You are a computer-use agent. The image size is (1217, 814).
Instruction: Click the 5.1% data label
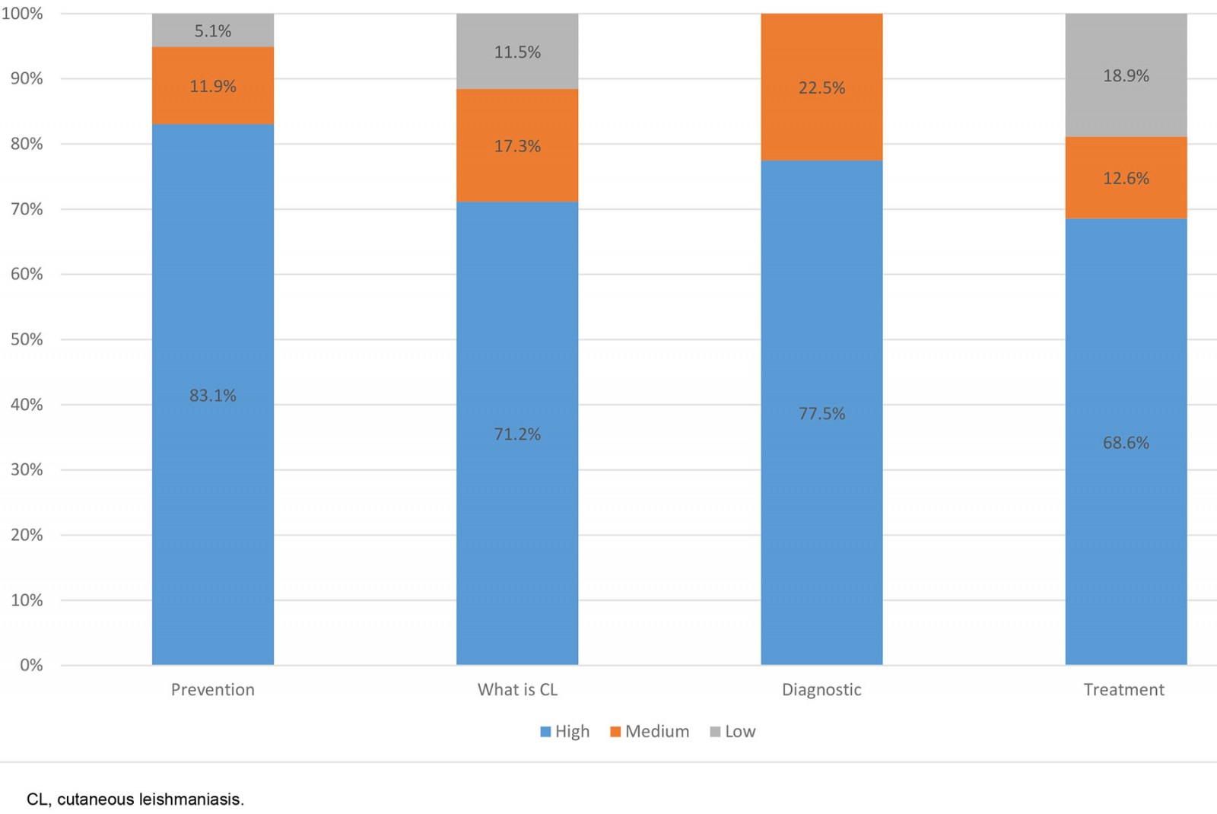(x=213, y=31)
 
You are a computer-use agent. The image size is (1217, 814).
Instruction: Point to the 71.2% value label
(x=517, y=434)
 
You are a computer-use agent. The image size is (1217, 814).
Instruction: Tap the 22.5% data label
(x=821, y=88)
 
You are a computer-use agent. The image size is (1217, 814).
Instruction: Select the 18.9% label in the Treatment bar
(x=1126, y=76)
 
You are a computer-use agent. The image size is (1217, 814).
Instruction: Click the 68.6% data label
(x=1126, y=443)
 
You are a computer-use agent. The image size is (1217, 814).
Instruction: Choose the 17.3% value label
(x=517, y=146)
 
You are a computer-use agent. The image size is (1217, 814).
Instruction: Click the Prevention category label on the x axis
(x=213, y=690)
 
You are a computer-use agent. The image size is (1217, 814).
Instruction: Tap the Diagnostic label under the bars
(x=821, y=690)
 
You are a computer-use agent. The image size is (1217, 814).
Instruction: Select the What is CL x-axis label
(x=517, y=690)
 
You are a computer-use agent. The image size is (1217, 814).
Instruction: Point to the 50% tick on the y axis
(x=27, y=339)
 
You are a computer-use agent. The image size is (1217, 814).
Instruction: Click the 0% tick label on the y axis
(x=31, y=666)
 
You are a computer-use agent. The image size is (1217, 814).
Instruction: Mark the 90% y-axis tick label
(x=27, y=79)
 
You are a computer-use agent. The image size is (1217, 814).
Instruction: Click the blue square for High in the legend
(x=545, y=732)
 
